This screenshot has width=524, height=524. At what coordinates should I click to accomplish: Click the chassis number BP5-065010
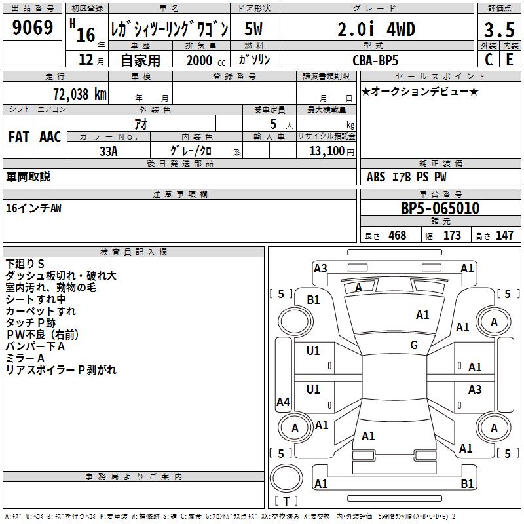coord(440,209)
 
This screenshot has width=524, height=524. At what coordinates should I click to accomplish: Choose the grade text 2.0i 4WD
coord(376,29)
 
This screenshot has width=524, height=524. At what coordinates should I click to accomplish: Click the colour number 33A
coord(108,151)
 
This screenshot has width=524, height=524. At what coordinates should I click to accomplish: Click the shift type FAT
coord(18,137)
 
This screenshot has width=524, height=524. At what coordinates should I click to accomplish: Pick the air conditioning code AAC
coord(50,137)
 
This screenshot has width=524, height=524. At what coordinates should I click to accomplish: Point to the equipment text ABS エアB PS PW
coord(407,177)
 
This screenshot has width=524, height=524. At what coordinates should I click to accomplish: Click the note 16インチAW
coord(33,208)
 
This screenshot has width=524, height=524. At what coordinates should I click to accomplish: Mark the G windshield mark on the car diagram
coord(413,345)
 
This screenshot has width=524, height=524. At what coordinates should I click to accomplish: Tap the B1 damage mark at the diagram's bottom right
coord(467,484)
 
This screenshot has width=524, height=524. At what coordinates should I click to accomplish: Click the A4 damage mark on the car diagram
coord(283,402)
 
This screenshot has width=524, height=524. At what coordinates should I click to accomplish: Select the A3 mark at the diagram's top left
coord(320,268)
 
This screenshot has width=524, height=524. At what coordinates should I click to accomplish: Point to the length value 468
coord(397,236)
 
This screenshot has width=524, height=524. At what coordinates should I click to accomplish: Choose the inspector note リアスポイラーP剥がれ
coord(61,370)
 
